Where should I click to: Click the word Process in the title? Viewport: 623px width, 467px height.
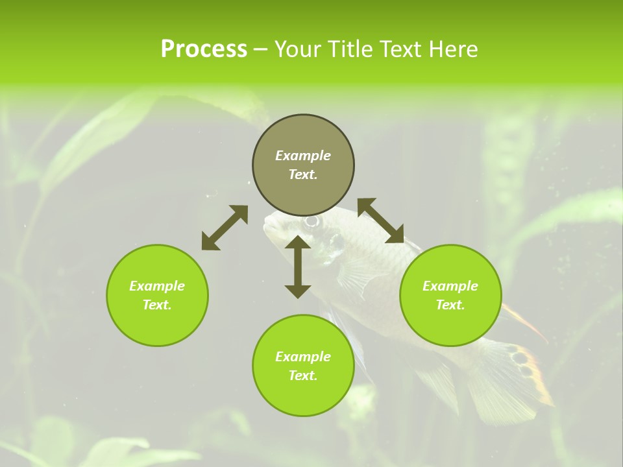click(204, 49)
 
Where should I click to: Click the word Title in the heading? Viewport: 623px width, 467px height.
click(351, 49)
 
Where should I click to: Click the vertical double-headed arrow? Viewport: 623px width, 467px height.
click(298, 267)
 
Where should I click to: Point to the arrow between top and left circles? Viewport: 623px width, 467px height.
click(225, 228)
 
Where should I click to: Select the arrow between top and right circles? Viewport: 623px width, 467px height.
click(380, 221)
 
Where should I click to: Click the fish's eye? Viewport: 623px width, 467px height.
click(312, 222)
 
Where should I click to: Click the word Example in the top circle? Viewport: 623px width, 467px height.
click(303, 156)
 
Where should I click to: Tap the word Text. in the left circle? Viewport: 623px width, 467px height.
click(157, 305)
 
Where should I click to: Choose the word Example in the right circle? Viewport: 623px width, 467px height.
click(450, 286)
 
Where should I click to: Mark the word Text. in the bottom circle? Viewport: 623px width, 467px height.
click(303, 376)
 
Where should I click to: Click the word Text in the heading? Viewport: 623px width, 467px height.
click(401, 49)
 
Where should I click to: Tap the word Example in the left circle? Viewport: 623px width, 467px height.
click(157, 286)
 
